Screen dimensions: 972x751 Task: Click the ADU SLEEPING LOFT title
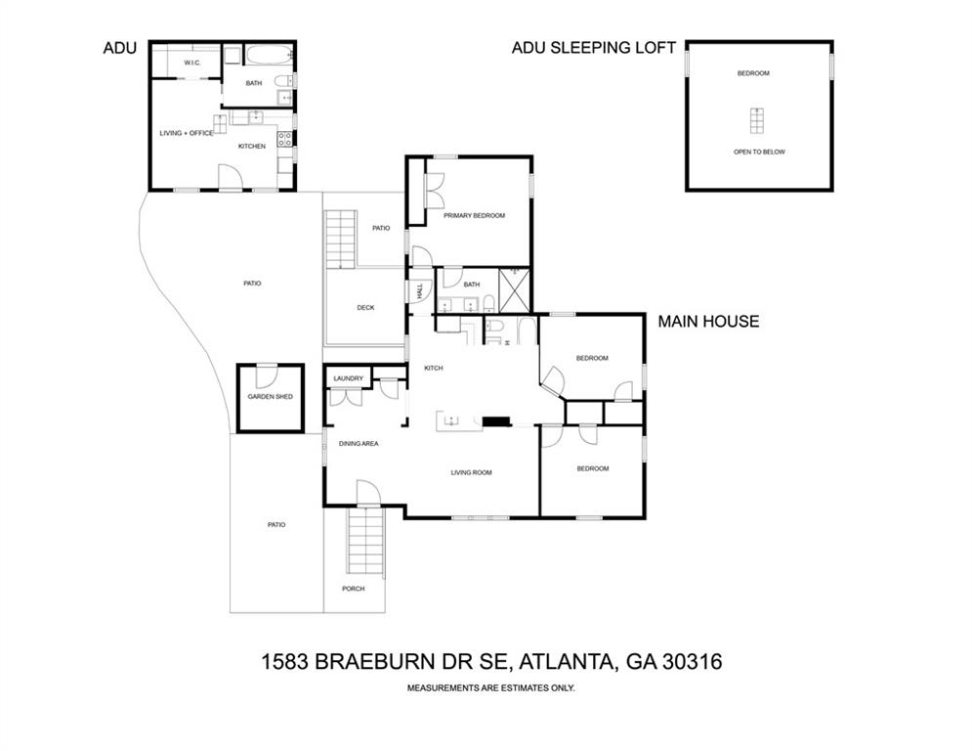coord(593,48)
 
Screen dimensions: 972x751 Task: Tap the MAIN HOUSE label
coord(708,322)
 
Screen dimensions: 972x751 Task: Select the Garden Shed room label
coord(271,397)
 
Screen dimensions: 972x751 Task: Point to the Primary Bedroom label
coord(474,216)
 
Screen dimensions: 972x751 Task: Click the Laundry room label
coord(349,378)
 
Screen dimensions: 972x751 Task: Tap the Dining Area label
coord(359,444)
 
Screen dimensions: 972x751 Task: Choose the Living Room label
coord(471,473)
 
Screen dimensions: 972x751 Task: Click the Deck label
coord(365,308)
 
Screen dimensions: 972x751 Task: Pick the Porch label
coord(354,589)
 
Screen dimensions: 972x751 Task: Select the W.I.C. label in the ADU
coord(192,63)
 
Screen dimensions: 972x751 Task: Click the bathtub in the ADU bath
coord(269,55)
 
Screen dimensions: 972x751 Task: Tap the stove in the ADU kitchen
coord(284,139)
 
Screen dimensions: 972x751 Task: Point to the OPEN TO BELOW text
coord(759,153)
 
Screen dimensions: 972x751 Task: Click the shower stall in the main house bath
coord(515,290)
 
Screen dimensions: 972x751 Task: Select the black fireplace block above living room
coord(496,422)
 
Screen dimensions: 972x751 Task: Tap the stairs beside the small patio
coord(341,240)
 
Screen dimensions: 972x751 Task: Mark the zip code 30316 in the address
coord(693,662)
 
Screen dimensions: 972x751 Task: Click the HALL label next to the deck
coord(420,290)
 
